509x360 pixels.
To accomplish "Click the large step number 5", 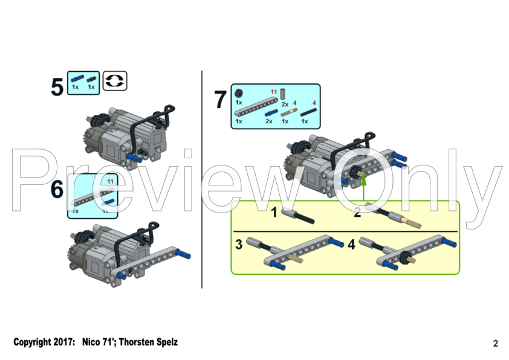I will tap(57, 87).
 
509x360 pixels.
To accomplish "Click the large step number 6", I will tap(57, 190).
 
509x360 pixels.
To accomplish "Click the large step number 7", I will tap(221, 100).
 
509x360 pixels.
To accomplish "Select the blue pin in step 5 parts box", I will tap(76, 79).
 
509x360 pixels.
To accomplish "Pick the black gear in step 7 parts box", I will tap(239, 93).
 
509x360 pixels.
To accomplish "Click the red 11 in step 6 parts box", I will tap(110, 181).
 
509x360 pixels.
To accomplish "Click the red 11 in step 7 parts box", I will tap(274, 92).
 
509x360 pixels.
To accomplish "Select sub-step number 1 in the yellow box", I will tap(273, 212).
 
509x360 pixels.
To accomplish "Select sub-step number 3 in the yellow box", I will tap(239, 245).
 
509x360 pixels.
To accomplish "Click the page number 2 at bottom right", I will tap(496, 344).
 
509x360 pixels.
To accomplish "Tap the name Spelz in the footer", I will tap(165, 342).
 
